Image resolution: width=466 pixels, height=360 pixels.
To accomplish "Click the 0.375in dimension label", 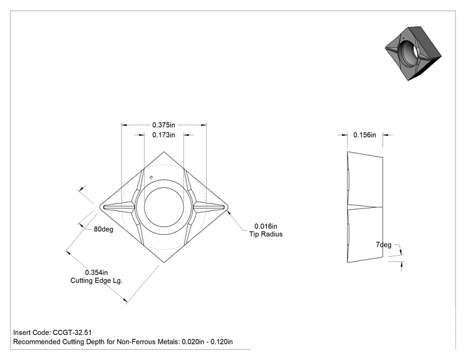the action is (x=163, y=125).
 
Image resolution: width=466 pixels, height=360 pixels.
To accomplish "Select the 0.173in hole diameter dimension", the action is (x=163, y=135).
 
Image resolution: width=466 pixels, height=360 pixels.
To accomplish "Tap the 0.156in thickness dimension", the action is (x=365, y=135).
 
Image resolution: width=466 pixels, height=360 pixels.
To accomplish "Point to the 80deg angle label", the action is (x=103, y=229).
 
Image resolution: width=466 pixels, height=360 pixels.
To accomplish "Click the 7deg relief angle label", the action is (x=384, y=245).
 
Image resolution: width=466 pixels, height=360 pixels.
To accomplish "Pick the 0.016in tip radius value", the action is (x=266, y=227).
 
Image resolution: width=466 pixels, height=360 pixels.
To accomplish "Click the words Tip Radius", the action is (x=266, y=234).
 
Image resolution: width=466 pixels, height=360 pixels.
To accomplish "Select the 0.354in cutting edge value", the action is (x=96, y=272).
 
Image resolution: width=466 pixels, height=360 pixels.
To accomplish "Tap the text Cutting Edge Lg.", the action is (x=96, y=280).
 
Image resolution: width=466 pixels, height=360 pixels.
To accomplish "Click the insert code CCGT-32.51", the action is (x=72, y=332).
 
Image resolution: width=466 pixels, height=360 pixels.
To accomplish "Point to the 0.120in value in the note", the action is (x=222, y=342).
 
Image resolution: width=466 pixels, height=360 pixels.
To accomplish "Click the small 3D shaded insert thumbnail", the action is (x=413, y=53).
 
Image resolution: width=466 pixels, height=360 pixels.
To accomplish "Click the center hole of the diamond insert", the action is (x=163, y=207).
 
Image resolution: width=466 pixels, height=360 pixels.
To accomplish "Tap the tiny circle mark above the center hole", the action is (x=152, y=177).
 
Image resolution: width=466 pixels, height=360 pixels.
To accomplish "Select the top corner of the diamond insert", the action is (x=163, y=152).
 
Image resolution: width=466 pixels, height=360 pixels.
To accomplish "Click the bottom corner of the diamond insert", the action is (x=163, y=262).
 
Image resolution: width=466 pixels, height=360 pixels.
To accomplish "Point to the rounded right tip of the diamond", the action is (x=227, y=207).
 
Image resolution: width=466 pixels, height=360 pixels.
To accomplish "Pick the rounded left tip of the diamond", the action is (x=100, y=207).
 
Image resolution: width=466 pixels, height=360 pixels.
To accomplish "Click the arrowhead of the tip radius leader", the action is (x=229, y=212).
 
